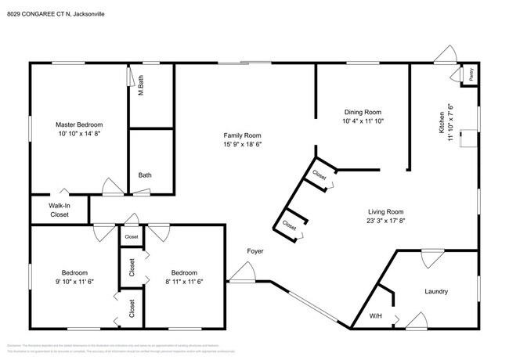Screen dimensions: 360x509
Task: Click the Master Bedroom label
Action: point(78,124)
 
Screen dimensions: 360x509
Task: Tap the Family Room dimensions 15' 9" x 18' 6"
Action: point(241,144)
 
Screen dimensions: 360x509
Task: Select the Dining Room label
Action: point(362,112)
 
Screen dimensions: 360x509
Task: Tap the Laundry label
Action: point(436,291)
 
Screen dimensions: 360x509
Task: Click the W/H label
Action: point(375,316)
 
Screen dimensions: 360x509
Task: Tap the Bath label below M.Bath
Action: point(145,175)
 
